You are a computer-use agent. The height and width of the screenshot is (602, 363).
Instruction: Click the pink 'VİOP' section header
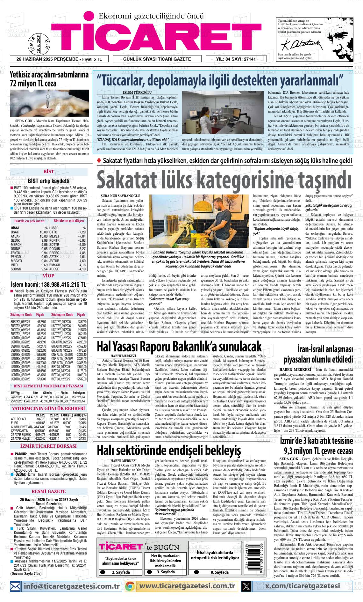[x=48, y=275]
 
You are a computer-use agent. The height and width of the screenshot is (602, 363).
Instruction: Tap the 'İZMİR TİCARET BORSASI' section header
[x=48, y=446]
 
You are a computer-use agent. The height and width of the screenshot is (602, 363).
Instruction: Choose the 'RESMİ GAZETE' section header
[x=48, y=491]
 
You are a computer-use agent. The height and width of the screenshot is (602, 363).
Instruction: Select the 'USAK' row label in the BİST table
[x=15, y=232]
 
